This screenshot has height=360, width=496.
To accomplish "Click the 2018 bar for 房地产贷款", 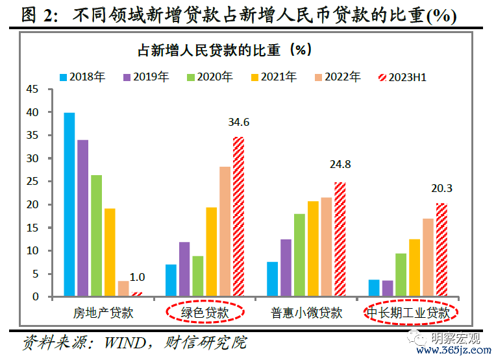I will coord(69,204).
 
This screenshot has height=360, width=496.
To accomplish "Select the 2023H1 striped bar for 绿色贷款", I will coord(238,217).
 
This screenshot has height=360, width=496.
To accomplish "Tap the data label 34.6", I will coord(238,122).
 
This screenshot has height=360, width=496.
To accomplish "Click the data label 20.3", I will coord(441,189).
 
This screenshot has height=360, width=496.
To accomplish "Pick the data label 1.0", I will coord(137,277).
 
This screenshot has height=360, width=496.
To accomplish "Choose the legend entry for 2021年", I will coord(273,77).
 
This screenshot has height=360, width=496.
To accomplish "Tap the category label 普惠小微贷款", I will coord(306,313).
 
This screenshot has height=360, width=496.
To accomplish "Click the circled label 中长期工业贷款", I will coord(408,313).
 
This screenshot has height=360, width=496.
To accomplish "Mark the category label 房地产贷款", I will coord(103,313).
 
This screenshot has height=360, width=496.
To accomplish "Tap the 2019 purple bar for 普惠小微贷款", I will coord(286,268).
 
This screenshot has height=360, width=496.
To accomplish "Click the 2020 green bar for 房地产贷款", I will coord(96,235).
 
